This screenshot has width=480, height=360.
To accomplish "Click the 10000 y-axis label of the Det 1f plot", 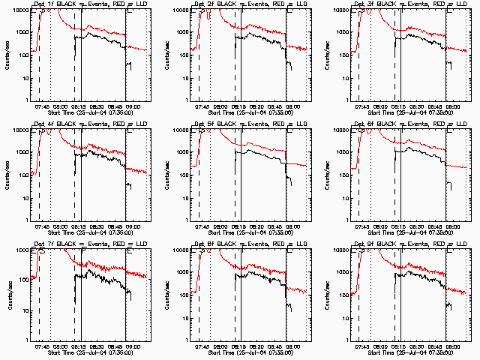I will (18, 10).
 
